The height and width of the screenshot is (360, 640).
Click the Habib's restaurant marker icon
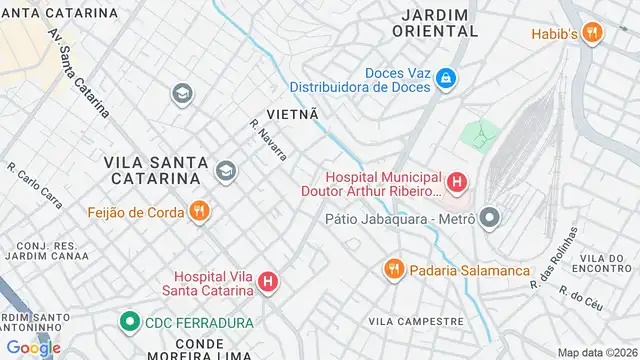[x=594, y=32]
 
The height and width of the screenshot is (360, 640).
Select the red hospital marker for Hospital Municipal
[x=456, y=182]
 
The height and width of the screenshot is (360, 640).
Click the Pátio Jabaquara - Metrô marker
[x=489, y=217]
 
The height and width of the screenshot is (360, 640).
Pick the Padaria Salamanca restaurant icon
[x=394, y=269]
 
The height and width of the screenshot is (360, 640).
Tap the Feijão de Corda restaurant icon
[x=199, y=211]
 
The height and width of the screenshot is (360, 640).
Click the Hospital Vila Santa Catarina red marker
[x=268, y=283]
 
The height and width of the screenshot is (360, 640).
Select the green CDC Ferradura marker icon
[x=129, y=322]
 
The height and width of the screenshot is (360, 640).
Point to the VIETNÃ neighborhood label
[x=292, y=115]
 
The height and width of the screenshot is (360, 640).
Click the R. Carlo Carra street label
[x=35, y=185]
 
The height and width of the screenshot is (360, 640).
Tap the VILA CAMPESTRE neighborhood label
[x=416, y=321]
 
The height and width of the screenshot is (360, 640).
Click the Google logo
[x=34, y=347]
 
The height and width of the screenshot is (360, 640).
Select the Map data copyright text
[x=597, y=352]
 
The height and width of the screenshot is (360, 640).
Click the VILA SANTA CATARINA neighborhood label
[x=156, y=170]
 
